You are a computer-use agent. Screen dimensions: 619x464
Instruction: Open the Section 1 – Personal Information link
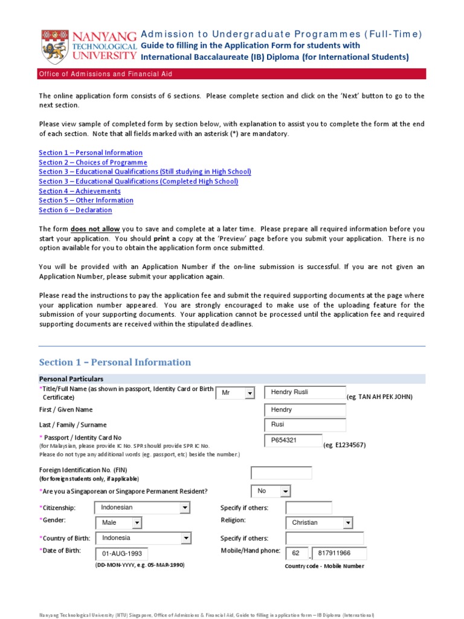pos(91,153)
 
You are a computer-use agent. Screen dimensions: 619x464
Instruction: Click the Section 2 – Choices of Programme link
pos(93,163)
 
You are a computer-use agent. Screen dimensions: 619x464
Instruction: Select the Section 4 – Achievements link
pos(80,191)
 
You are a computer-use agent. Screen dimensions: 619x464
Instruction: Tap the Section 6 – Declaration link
pos(76,210)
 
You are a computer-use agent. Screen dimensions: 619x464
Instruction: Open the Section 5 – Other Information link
pos(86,200)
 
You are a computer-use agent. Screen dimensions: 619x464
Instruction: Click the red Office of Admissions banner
pos(232,74)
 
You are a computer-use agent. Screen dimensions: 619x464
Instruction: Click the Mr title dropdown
pos(235,394)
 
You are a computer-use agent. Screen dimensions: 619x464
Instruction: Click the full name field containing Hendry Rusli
pos(305,393)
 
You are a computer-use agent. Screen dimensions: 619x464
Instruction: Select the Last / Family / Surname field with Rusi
pos(305,426)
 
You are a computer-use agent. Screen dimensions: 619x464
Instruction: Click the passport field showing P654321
pos(294,441)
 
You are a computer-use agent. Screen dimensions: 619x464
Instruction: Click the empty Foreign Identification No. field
pos(282,473)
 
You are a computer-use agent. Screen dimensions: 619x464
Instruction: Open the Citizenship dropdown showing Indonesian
pos(143,508)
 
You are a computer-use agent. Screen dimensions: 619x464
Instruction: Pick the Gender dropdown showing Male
pos(118,523)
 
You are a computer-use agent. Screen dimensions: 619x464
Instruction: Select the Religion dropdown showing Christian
pos(319,523)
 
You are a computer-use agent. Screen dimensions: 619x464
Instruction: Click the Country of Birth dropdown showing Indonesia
pos(143,538)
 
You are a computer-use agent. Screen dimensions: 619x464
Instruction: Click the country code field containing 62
pos(297,554)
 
